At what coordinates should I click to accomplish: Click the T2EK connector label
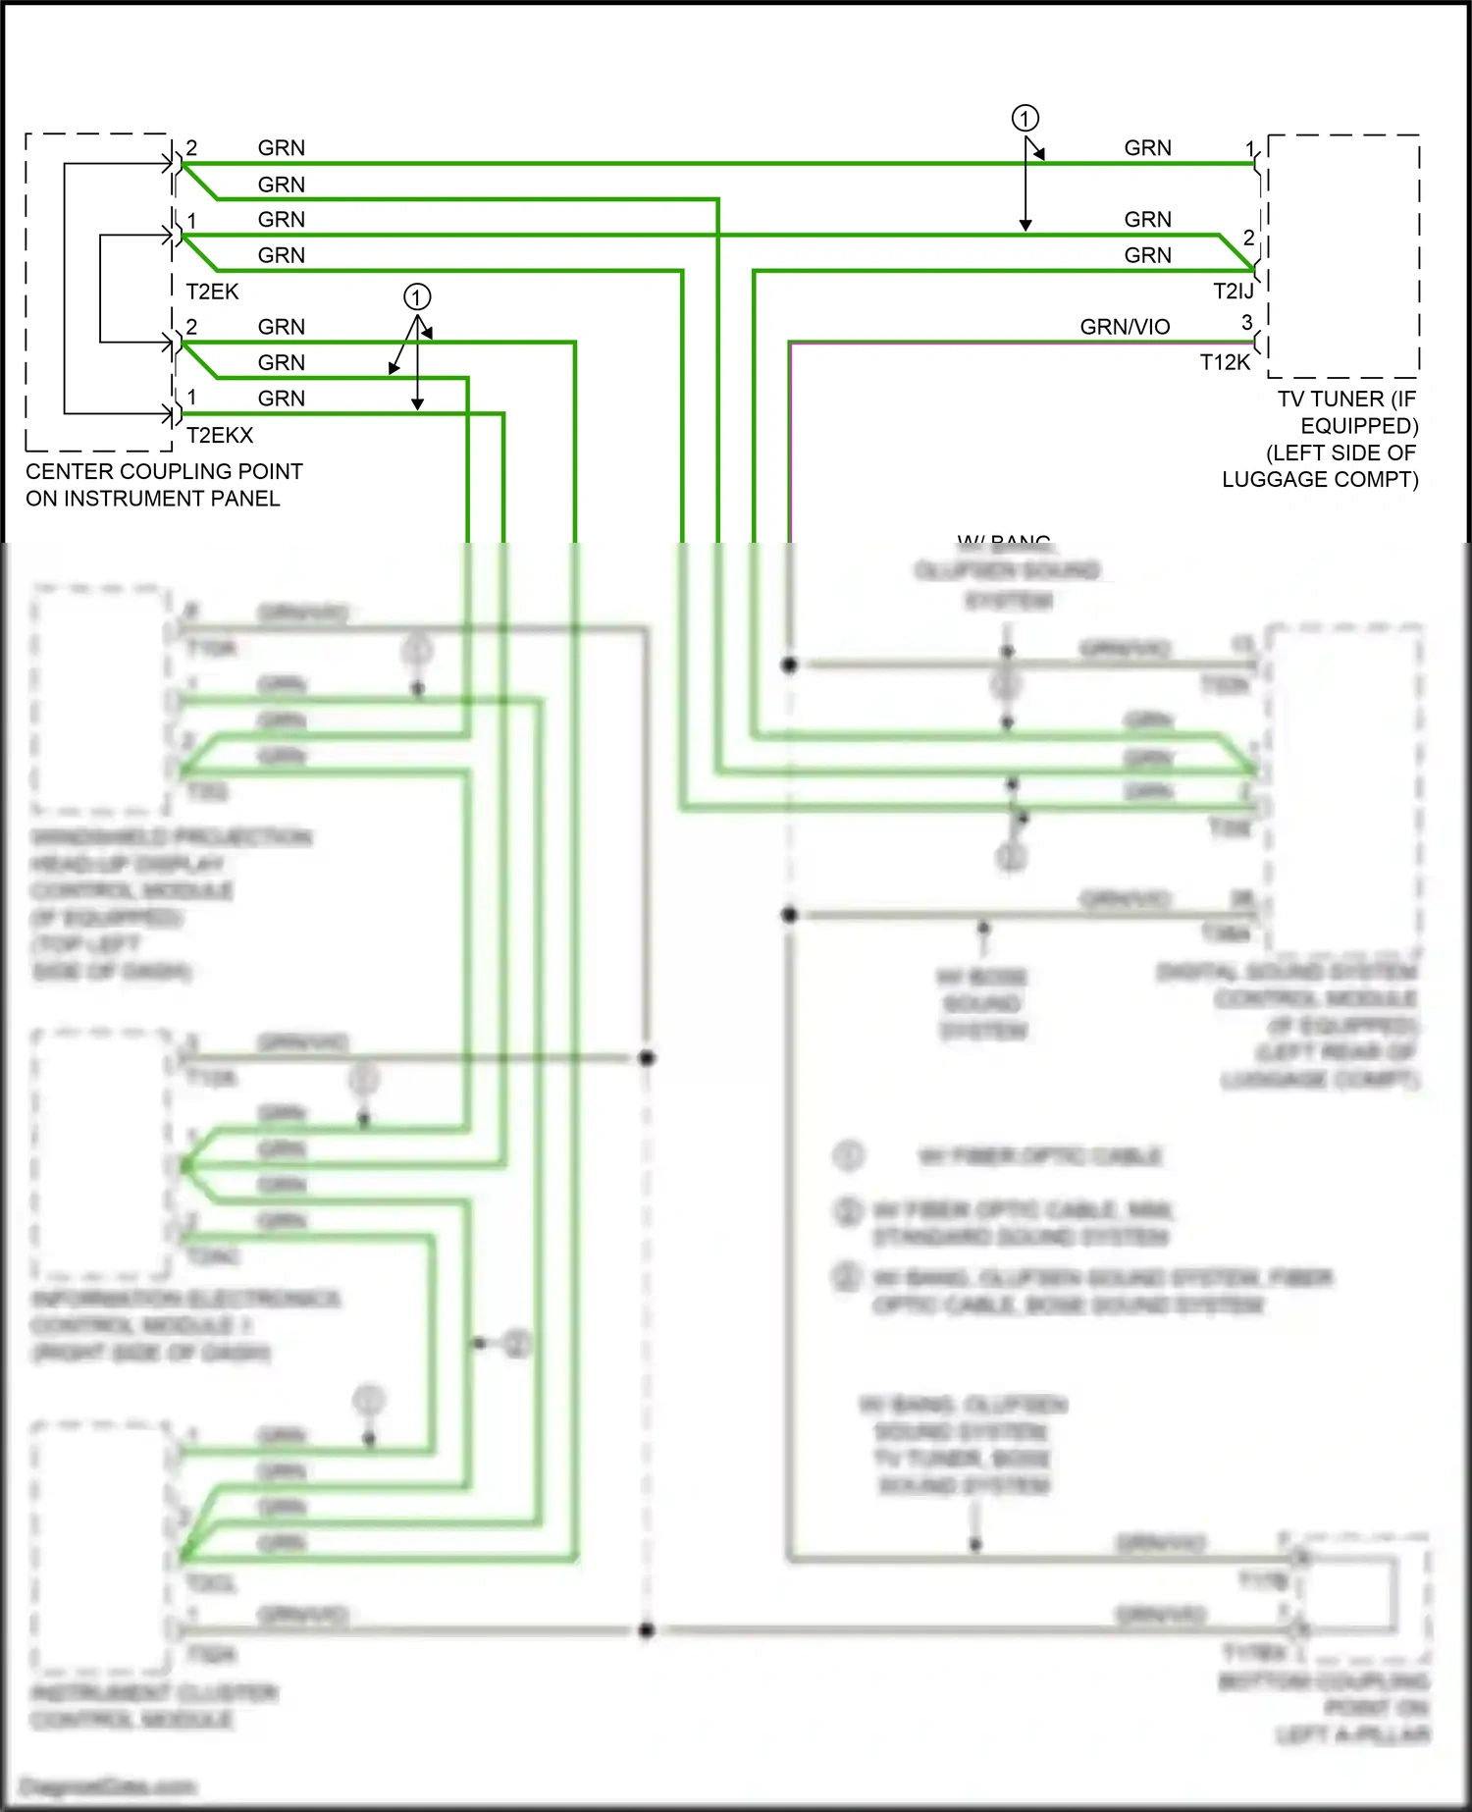(x=212, y=292)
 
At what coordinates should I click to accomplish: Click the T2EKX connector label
(x=220, y=435)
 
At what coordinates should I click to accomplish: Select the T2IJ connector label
(x=1233, y=292)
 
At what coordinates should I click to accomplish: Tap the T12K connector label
(x=1225, y=362)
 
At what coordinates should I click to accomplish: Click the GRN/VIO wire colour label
(x=1125, y=327)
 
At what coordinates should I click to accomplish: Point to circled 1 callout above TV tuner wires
(x=1025, y=119)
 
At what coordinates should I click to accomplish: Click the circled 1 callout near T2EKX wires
(x=417, y=297)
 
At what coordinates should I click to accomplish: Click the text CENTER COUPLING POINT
(x=164, y=471)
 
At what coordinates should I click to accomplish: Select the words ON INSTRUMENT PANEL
(x=153, y=499)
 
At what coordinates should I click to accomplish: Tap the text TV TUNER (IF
(x=1346, y=399)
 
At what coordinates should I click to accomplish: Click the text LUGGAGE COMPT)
(x=1320, y=480)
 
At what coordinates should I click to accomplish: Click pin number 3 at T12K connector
(x=1246, y=322)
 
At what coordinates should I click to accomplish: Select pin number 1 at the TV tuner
(x=1250, y=149)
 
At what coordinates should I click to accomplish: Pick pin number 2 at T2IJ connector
(x=1248, y=238)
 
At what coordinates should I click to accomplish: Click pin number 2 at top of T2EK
(x=191, y=147)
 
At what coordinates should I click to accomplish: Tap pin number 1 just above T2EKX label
(x=191, y=397)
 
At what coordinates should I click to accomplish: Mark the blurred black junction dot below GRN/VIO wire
(x=789, y=665)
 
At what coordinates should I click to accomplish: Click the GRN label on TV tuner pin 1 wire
(x=1147, y=148)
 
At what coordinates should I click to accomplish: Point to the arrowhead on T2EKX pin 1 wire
(x=417, y=404)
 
